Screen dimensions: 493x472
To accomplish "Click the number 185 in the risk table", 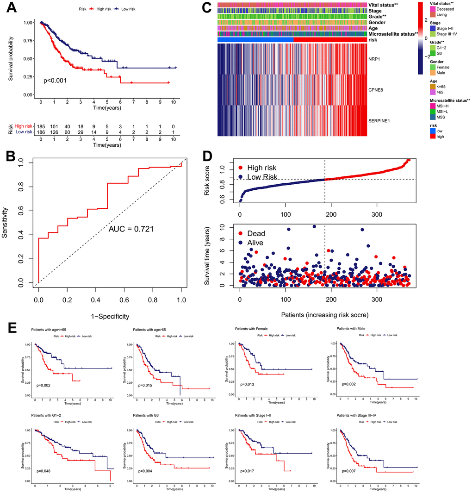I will click(41, 125).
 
